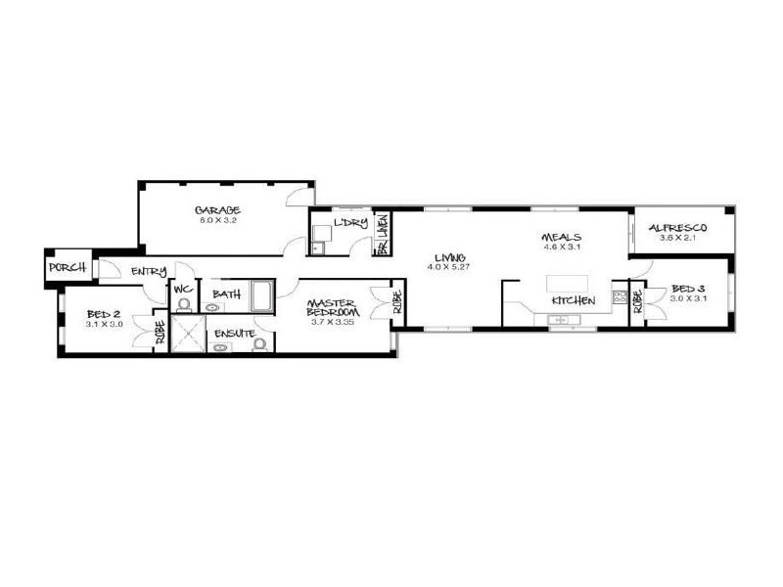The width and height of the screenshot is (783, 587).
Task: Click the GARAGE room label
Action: (x=216, y=210)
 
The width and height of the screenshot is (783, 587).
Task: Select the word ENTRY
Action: (x=148, y=272)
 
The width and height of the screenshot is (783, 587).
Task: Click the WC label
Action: (x=183, y=291)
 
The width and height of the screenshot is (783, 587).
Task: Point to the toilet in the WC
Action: (x=183, y=305)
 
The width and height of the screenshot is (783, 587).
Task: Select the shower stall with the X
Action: (x=188, y=333)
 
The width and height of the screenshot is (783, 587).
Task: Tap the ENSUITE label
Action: (x=236, y=333)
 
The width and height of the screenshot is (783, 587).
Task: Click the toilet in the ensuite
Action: (x=258, y=343)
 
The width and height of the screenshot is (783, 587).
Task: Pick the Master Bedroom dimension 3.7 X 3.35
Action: (x=330, y=322)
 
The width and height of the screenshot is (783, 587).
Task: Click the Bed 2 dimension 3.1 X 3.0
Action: (x=104, y=324)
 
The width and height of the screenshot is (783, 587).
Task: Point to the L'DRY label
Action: (x=349, y=224)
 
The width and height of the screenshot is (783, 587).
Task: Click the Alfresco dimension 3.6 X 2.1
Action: (x=676, y=239)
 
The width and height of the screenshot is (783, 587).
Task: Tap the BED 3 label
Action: (x=688, y=290)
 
